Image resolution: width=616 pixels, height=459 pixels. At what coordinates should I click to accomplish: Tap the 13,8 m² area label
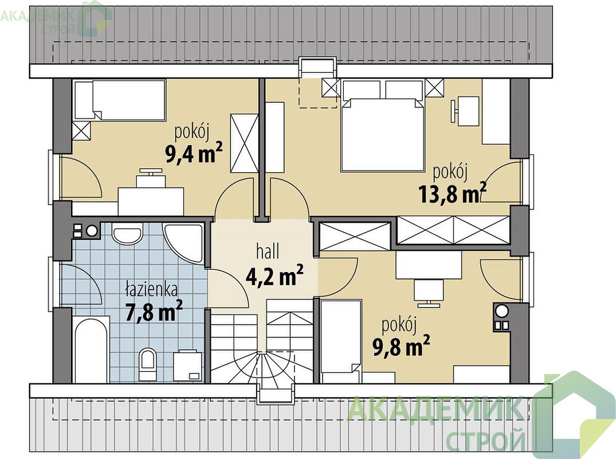point(453,193)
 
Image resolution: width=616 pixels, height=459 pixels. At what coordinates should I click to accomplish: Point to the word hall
point(268,251)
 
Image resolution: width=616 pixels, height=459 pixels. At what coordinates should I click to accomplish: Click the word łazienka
point(151,289)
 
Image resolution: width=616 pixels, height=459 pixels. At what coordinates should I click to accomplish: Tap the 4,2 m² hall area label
point(274,275)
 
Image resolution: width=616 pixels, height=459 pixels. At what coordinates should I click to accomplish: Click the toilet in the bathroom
point(148,364)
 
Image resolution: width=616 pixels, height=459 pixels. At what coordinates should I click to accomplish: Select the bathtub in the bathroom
point(91,350)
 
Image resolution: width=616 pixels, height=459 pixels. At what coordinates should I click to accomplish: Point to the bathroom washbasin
point(127,234)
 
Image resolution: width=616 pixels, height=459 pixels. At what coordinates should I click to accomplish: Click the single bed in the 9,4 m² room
point(119,100)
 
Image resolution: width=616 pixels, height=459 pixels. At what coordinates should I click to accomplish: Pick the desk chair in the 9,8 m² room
point(429,293)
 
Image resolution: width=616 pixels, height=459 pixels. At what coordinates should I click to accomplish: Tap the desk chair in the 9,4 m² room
point(151,177)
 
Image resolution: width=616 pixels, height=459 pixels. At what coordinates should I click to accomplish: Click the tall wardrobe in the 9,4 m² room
point(244,143)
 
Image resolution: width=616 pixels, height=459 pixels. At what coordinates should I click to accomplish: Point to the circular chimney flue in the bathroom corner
point(92,231)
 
